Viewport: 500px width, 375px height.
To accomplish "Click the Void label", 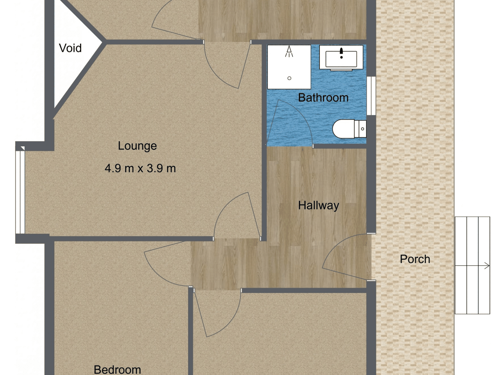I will (x=70, y=48).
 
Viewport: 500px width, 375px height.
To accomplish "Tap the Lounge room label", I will (x=137, y=146).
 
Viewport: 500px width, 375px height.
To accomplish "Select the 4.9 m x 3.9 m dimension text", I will (x=140, y=168).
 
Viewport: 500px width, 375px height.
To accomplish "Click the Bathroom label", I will (x=323, y=98).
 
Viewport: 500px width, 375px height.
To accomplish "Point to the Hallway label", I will (x=318, y=205).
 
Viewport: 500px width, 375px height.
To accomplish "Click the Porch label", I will (x=415, y=259).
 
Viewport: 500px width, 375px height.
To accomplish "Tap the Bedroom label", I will (x=117, y=369).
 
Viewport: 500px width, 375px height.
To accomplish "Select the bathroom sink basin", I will (x=341, y=59).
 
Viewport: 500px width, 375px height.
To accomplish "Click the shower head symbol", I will (x=289, y=51).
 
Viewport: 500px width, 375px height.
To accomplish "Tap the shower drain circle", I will (x=289, y=78).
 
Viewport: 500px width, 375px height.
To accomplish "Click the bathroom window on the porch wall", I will (x=371, y=96).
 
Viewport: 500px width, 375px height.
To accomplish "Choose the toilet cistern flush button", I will (x=362, y=129).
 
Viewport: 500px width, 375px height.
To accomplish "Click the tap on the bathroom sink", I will (x=341, y=52).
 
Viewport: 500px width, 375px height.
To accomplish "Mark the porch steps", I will (x=472, y=265).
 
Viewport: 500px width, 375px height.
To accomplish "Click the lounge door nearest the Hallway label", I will (x=237, y=216).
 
